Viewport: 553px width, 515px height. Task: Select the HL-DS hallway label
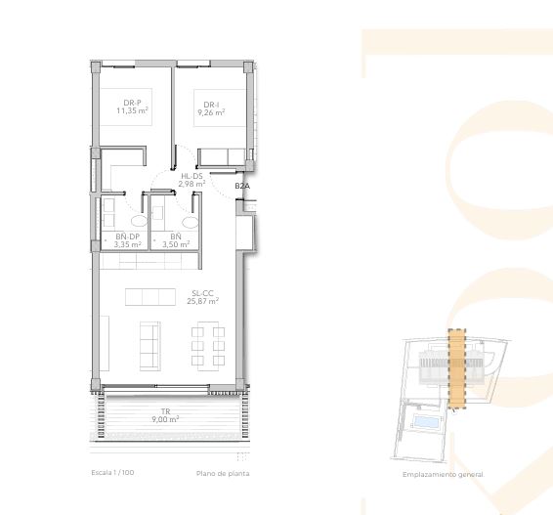(191, 176)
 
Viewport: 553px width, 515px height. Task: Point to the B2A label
(241, 186)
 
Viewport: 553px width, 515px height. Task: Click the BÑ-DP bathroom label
(127, 237)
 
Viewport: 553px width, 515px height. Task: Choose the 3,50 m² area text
(176, 244)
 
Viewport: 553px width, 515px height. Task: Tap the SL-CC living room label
(203, 293)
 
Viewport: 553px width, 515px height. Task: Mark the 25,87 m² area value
(203, 301)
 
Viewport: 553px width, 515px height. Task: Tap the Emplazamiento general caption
(443, 475)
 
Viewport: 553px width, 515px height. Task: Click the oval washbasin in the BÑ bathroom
(189, 222)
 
